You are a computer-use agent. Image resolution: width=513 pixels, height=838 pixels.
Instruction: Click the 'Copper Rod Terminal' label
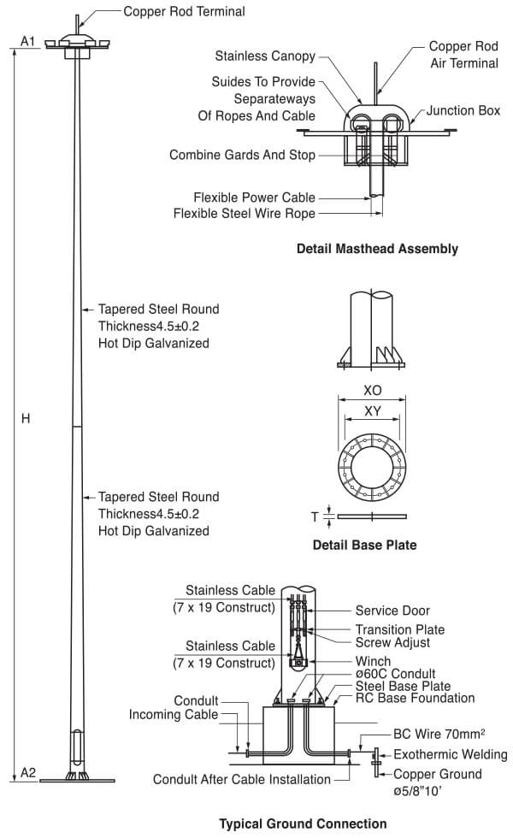point(184,12)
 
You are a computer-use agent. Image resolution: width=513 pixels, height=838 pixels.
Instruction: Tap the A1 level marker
point(27,41)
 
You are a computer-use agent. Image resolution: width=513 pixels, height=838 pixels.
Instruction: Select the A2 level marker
point(27,773)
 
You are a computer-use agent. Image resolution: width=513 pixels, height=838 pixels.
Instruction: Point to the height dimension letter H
point(26,419)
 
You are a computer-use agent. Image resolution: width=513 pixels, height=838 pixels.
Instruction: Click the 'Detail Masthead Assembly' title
point(377,250)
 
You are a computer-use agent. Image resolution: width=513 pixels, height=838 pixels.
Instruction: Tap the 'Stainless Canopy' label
point(265,56)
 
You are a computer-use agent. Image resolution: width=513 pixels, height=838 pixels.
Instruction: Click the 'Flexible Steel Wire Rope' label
point(244,213)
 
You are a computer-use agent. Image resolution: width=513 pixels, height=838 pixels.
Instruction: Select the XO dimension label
point(373,389)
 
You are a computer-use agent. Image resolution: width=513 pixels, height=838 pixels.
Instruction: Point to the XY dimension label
point(373,411)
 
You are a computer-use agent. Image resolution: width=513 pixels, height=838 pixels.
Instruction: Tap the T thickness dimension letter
point(315,516)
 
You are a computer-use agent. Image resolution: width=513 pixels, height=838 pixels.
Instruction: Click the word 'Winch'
point(374,661)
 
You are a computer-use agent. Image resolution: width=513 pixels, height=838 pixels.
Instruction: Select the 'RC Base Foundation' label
point(416,698)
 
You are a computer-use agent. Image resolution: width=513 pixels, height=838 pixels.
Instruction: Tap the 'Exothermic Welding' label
point(450,755)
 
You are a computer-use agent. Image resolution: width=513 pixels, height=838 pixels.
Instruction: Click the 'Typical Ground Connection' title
point(303,823)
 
